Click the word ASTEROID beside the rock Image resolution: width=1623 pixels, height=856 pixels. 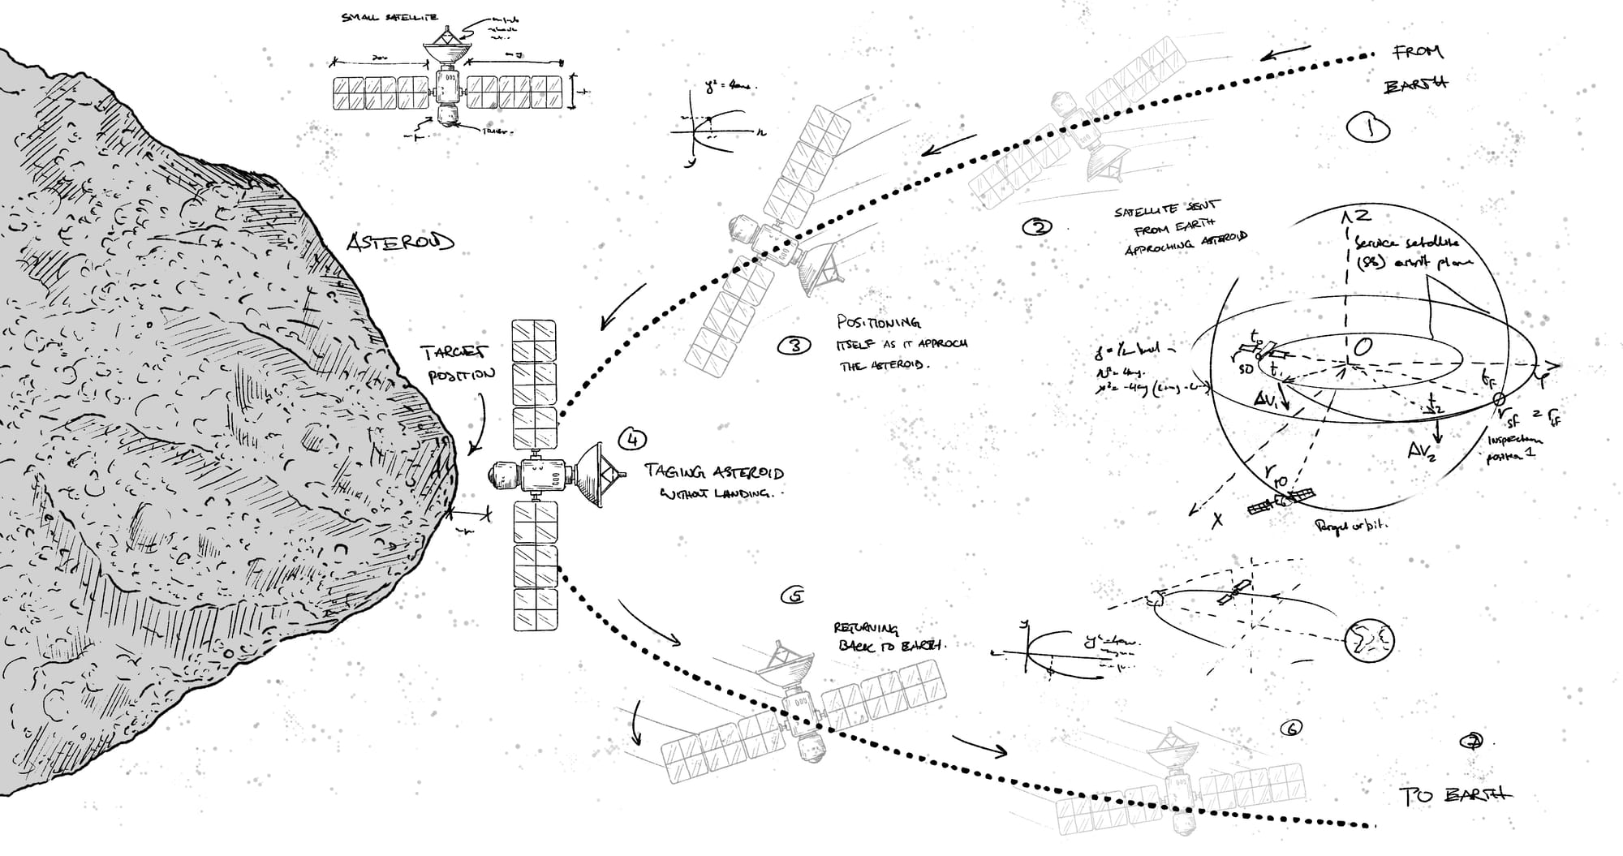coord(400,242)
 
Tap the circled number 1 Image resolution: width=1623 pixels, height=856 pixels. coord(1368,127)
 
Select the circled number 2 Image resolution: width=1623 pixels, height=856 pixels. coord(1037,227)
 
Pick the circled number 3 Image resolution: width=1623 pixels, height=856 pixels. coord(794,346)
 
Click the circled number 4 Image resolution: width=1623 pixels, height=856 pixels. coord(631,439)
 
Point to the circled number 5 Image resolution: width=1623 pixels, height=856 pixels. coord(792,596)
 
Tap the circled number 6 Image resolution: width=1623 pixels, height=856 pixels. coord(1290,729)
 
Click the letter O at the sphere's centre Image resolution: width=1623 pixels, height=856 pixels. coord(1363,346)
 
